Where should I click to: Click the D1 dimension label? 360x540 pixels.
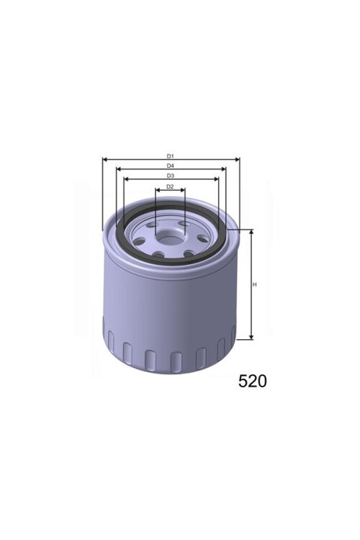(x=171, y=156)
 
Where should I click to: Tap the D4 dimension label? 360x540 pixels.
(x=171, y=166)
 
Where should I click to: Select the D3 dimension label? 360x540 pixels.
(x=171, y=176)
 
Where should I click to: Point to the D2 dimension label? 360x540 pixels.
(x=170, y=186)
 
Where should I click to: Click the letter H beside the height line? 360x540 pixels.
(x=255, y=285)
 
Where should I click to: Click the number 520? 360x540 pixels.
(x=252, y=381)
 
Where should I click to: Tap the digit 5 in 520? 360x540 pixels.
(x=243, y=381)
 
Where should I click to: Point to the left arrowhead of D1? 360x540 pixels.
(x=105, y=160)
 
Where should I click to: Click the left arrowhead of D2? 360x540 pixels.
(x=157, y=191)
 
